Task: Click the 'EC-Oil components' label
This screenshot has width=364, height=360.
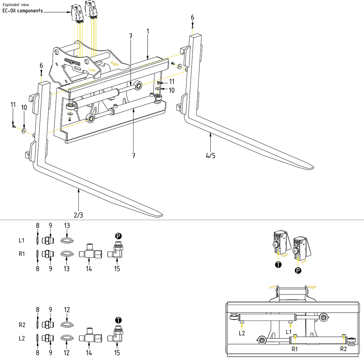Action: coord(23,11)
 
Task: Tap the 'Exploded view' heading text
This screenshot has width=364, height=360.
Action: coord(16,5)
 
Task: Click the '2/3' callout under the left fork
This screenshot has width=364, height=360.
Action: coord(78,215)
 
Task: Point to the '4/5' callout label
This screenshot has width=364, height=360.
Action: coord(210,156)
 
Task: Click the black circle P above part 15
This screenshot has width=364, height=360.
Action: coord(118,236)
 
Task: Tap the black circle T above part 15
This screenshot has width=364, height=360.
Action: coord(118,320)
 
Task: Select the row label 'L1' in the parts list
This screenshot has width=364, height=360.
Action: coord(22,240)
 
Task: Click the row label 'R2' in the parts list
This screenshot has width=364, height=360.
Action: coord(22,325)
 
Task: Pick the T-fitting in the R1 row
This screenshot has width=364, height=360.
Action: coord(88,254)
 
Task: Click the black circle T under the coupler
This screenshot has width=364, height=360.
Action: coord(278,265)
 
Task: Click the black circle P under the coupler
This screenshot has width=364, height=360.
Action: coord(298,271)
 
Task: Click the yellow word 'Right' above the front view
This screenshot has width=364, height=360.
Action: coord(312,287)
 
